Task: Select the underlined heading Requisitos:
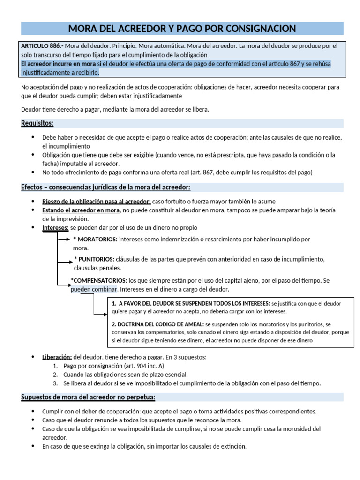(37, 123)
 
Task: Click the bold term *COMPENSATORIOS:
(98, 280)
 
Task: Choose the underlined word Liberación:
(57, 357)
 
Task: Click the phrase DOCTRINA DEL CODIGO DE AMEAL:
(157, 324)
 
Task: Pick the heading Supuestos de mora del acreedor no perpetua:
(88, 397)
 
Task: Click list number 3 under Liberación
(55, 383)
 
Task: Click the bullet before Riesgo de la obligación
(32, 201)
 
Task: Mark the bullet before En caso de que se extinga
(32, 446)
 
